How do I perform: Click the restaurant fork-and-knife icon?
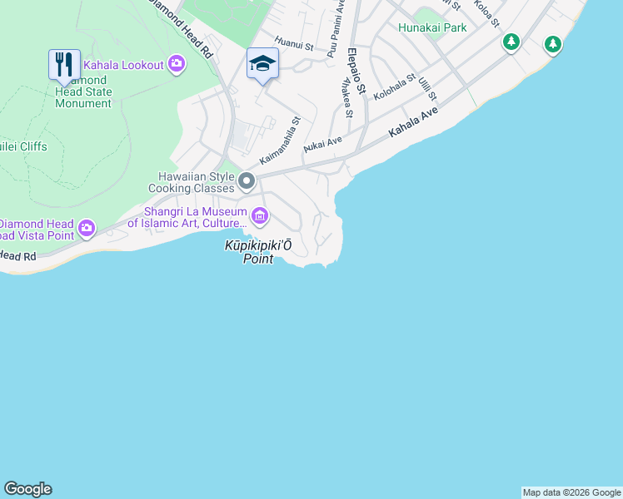point(64,63)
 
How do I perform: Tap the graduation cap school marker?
point(262,64)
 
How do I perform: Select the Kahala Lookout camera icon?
point(177,64)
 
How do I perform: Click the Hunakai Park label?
point(432,27)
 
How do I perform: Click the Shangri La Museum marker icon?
point(260,217)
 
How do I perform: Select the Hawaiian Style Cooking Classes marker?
point(247,180)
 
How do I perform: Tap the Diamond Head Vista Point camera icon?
point(87,228)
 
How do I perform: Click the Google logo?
point(27,489)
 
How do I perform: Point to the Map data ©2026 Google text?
point(571,492)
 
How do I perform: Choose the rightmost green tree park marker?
point(552,43)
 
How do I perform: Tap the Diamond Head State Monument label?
point(83,91)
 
